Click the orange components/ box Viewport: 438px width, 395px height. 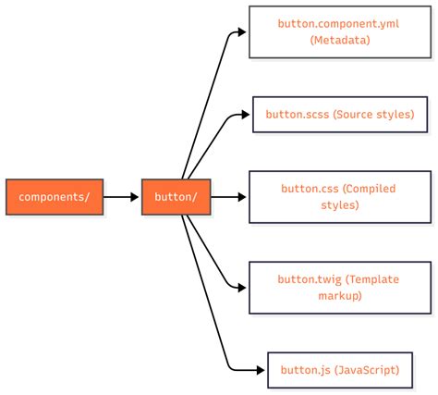point(55,197)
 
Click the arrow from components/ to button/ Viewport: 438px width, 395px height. point(120,197)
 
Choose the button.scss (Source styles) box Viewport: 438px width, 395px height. point(340,115)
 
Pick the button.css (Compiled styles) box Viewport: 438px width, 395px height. point(339,197)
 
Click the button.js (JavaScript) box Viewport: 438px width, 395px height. point(340,370)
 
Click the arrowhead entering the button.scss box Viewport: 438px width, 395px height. point(246,115)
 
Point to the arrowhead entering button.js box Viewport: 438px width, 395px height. point(261,370)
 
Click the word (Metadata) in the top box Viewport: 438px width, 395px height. point(341,40)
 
